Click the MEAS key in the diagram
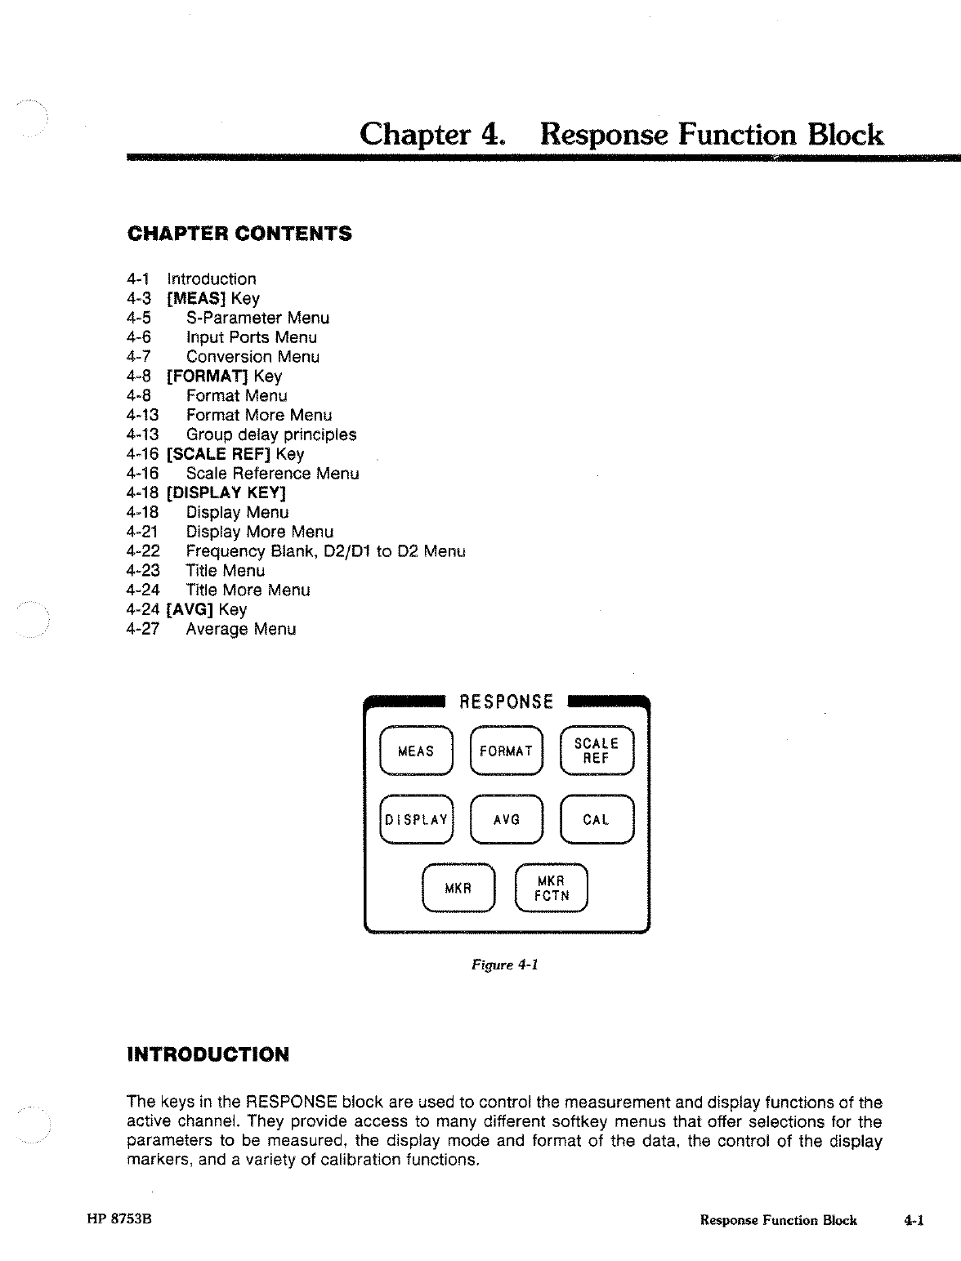416,751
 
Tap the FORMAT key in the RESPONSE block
506,751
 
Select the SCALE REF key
597,751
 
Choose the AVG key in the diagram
507,819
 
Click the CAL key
597,819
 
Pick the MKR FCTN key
552,889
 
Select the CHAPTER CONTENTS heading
240,234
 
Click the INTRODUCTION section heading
208,1054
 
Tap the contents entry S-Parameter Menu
257,318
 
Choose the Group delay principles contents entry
271,434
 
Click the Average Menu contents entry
241,629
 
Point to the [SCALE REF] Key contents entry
235,454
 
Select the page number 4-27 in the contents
143,629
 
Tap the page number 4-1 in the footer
914,1221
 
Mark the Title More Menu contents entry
248,590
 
